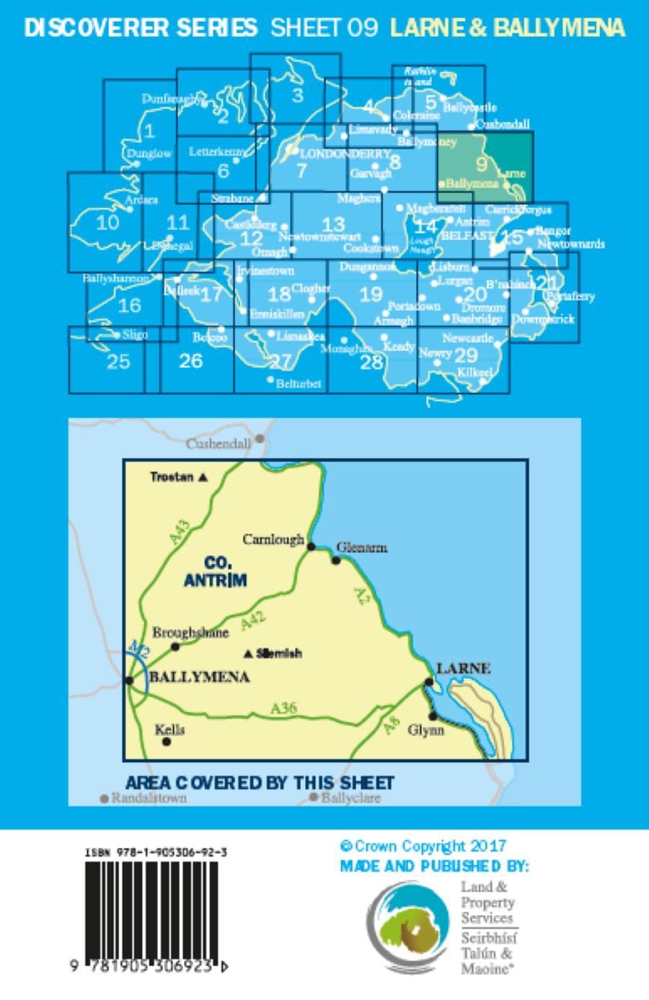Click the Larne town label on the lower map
tap(463, 668)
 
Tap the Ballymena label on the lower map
tap(199, 677)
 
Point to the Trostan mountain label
tap(173, 477)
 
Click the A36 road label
tap(283, 709)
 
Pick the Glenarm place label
tap(361, 547)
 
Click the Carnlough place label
tap(273, 539)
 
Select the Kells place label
tap(169, 730)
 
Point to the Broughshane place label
tap(190, 632)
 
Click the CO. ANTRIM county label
tap(216, 571)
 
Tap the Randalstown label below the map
tap(149, 797)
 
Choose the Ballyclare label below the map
tap(350, 798)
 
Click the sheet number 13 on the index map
tap(333, 224)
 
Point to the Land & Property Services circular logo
tap(408, 927)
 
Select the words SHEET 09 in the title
tap(324, 28)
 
